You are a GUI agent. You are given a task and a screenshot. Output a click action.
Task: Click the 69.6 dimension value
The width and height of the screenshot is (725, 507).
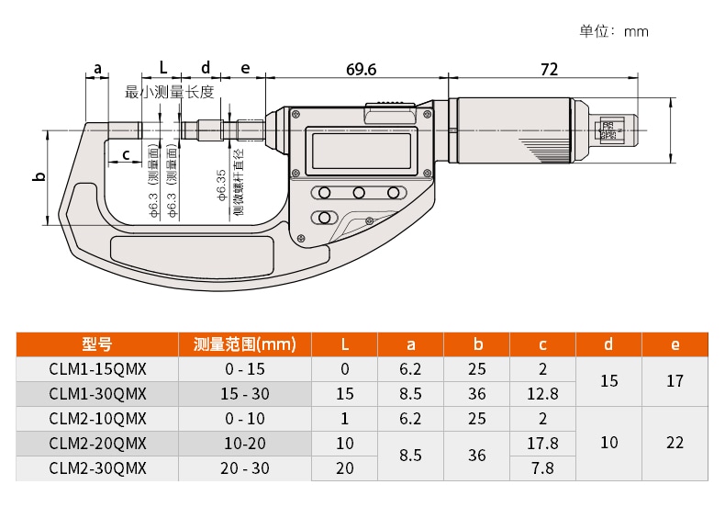click(x=361, y=69)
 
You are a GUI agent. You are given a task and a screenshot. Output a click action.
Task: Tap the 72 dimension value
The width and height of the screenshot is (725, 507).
click(x=549, y=69)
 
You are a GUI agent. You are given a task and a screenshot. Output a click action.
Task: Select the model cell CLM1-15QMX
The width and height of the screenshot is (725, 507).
click(x=97, y=368)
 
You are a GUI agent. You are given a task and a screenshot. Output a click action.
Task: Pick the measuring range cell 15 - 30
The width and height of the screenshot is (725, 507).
click(x=245, y=394)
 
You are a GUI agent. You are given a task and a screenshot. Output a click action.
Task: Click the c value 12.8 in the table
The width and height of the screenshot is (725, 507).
click(x=542, y=394)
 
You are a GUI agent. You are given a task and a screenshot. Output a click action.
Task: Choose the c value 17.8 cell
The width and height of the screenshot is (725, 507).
click(x=542, y=443)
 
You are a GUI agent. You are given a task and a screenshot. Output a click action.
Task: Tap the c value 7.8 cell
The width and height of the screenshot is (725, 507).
click(x=542, y=468)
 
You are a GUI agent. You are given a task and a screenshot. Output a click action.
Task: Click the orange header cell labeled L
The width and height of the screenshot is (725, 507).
click(x=344, y=344)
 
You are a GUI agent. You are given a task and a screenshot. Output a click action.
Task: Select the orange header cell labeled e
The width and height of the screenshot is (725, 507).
click(x=675, y=344)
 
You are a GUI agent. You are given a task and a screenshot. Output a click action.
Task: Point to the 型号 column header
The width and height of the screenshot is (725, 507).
click(x=97, y=344)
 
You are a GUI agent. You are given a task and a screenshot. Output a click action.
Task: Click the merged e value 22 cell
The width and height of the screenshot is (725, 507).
click(x=675, y=443)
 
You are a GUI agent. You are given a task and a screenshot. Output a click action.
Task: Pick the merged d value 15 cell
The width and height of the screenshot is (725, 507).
click(x=609, y=381)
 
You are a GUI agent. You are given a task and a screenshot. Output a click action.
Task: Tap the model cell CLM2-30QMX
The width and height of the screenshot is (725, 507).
click(x=97, y=468)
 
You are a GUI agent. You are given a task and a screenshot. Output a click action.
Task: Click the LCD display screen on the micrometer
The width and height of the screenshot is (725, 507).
click(x=362, y=151)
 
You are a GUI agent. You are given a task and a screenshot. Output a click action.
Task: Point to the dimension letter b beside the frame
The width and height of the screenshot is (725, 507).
click(x=40, y=176)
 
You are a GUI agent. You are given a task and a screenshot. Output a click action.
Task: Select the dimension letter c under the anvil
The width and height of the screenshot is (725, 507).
click(x=126, y=154)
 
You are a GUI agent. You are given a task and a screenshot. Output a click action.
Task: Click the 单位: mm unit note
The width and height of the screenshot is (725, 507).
click(x=614, y=31)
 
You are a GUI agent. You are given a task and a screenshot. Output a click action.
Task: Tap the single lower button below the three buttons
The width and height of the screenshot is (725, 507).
click(x=325, y=218)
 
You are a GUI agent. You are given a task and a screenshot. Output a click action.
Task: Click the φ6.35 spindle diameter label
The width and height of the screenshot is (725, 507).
click(x=222, y=185)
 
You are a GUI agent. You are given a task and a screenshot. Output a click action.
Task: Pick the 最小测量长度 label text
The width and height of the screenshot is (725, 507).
click(x=170, y=92)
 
